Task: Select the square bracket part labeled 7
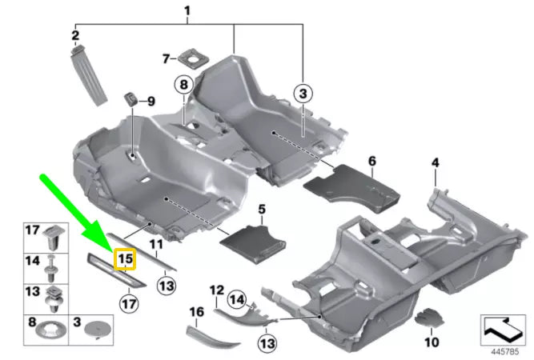[x=192, y=58]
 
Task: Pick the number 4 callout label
[x=435, y=162]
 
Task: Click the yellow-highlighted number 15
[x=124, y=259]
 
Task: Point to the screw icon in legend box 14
[x=54, y=263]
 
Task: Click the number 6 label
[x=371, y=161]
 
